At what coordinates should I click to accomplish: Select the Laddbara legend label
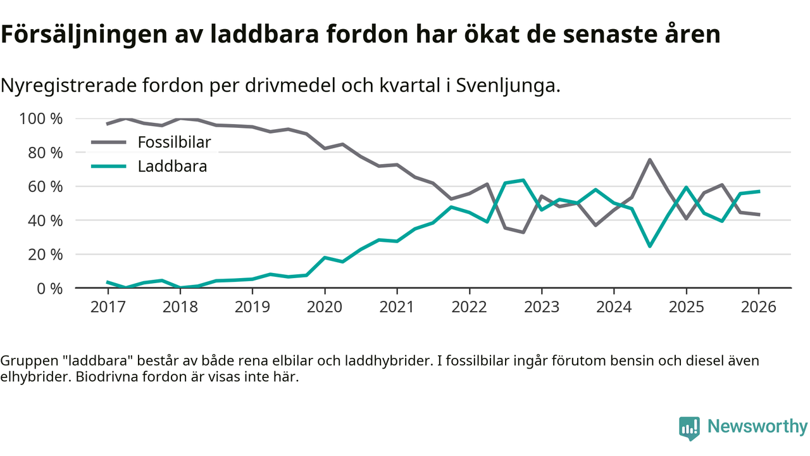[172, 167]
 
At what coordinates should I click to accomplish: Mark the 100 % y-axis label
[41, 119]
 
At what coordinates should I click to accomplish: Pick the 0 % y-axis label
[50, 288]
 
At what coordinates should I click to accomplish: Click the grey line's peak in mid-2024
[650, 160]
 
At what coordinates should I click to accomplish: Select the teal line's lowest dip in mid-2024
[650, 246]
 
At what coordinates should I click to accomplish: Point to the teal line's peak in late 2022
[523, 180]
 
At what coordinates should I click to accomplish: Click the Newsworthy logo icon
[689, 427]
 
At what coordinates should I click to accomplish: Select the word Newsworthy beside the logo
[757, 427]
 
